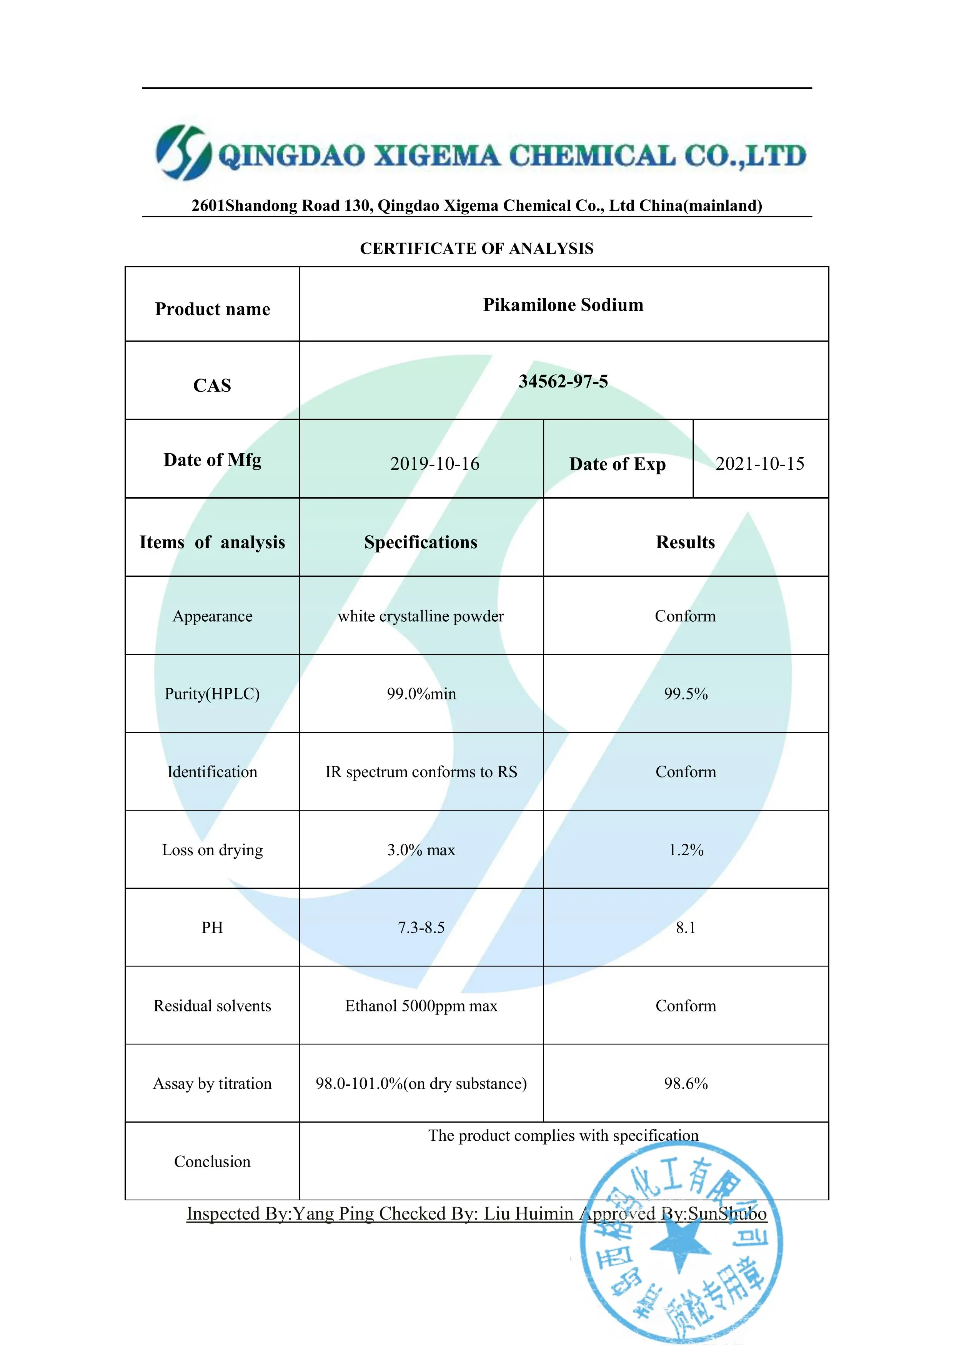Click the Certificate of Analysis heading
click(477, 249)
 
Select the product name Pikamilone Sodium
click(563, 305)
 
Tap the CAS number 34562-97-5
click(563, 382)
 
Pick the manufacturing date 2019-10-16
click(435, 464)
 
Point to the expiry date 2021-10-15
click(759, 464)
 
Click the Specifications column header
click(421, 542)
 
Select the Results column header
click(685, 542)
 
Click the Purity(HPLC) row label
click(212, 694)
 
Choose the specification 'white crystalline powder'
click(421, 616)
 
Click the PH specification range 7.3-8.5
click(421, 928)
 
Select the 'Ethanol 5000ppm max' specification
click(421, 1006)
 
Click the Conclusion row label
click(212, 1162)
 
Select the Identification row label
click(212, 772)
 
